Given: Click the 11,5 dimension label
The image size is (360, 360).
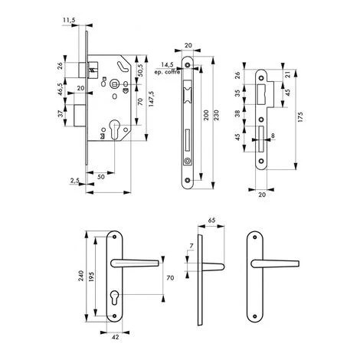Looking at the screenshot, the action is [69, 20].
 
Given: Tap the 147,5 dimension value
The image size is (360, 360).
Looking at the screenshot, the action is [151, 98].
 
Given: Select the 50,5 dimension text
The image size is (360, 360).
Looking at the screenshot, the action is [140, 70].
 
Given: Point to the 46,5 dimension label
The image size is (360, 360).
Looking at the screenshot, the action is [61, 89].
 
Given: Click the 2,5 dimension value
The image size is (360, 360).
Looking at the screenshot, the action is [75, 180].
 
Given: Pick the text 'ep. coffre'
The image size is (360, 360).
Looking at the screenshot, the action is [167, 72].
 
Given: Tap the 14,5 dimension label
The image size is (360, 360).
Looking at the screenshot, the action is [167, 65].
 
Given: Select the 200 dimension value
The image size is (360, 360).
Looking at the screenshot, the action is [206, 115].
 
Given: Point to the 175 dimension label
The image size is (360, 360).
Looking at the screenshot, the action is [300, 117].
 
